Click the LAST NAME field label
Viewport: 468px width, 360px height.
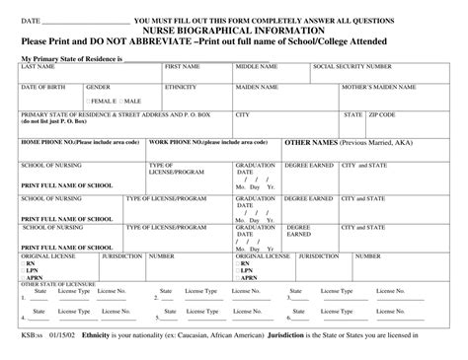pyautogui.click(x=38, y=67)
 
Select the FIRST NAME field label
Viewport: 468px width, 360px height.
pyautogui.click(x=183, y=67)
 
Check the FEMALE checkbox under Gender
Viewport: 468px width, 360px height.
pyautogui.click(x=89, y=101)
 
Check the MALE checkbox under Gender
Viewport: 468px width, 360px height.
pyautogui.click(x=121, y=101)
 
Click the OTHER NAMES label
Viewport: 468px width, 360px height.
pyautogui.click(x=310, y=142)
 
